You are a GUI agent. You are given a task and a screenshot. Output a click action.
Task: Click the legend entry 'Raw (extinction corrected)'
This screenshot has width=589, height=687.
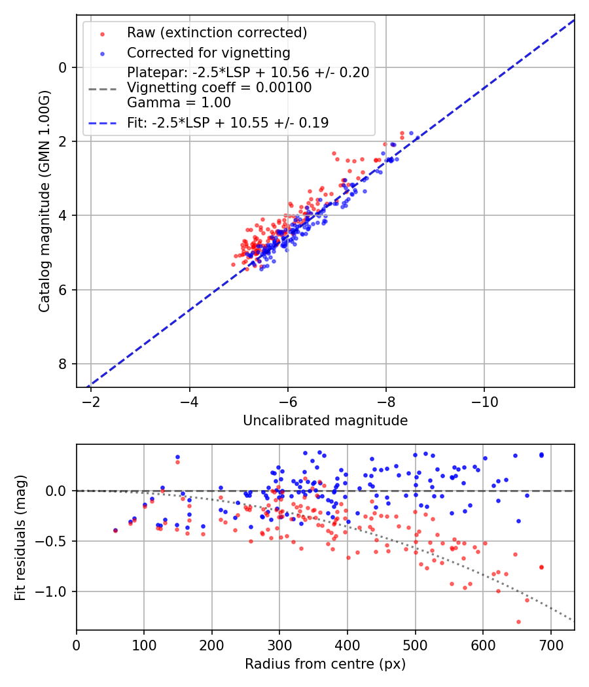[217, 33]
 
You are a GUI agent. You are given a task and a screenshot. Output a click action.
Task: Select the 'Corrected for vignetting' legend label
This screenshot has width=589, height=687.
[208, 52]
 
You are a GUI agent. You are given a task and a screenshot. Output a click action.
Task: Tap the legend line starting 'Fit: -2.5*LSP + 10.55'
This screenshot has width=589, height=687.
[228, 122]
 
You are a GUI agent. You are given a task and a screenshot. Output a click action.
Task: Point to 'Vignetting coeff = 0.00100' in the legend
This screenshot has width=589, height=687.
[220, 87]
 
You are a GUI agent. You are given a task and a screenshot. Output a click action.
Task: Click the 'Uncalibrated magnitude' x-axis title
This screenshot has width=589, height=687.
[325, 421]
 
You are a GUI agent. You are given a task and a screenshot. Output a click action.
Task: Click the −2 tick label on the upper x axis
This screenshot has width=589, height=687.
[91, 401]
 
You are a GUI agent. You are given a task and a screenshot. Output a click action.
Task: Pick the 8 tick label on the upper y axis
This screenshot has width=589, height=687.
[63, 364]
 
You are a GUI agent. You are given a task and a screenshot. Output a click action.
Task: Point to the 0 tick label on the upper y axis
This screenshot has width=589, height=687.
[63, 67]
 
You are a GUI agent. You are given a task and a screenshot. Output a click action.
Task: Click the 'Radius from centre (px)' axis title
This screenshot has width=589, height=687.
[325, 664]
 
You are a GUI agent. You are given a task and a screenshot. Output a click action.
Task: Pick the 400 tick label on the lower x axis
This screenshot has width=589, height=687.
[348, 644]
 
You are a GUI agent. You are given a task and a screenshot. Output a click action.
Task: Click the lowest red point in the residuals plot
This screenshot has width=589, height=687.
[518, 622]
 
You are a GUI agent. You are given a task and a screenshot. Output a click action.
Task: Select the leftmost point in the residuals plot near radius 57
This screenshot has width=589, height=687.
[115, 530]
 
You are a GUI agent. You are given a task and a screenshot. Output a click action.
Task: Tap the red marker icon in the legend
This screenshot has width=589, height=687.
[102, 33]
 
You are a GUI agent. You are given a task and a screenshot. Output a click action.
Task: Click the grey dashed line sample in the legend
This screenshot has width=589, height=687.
[102, 88]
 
